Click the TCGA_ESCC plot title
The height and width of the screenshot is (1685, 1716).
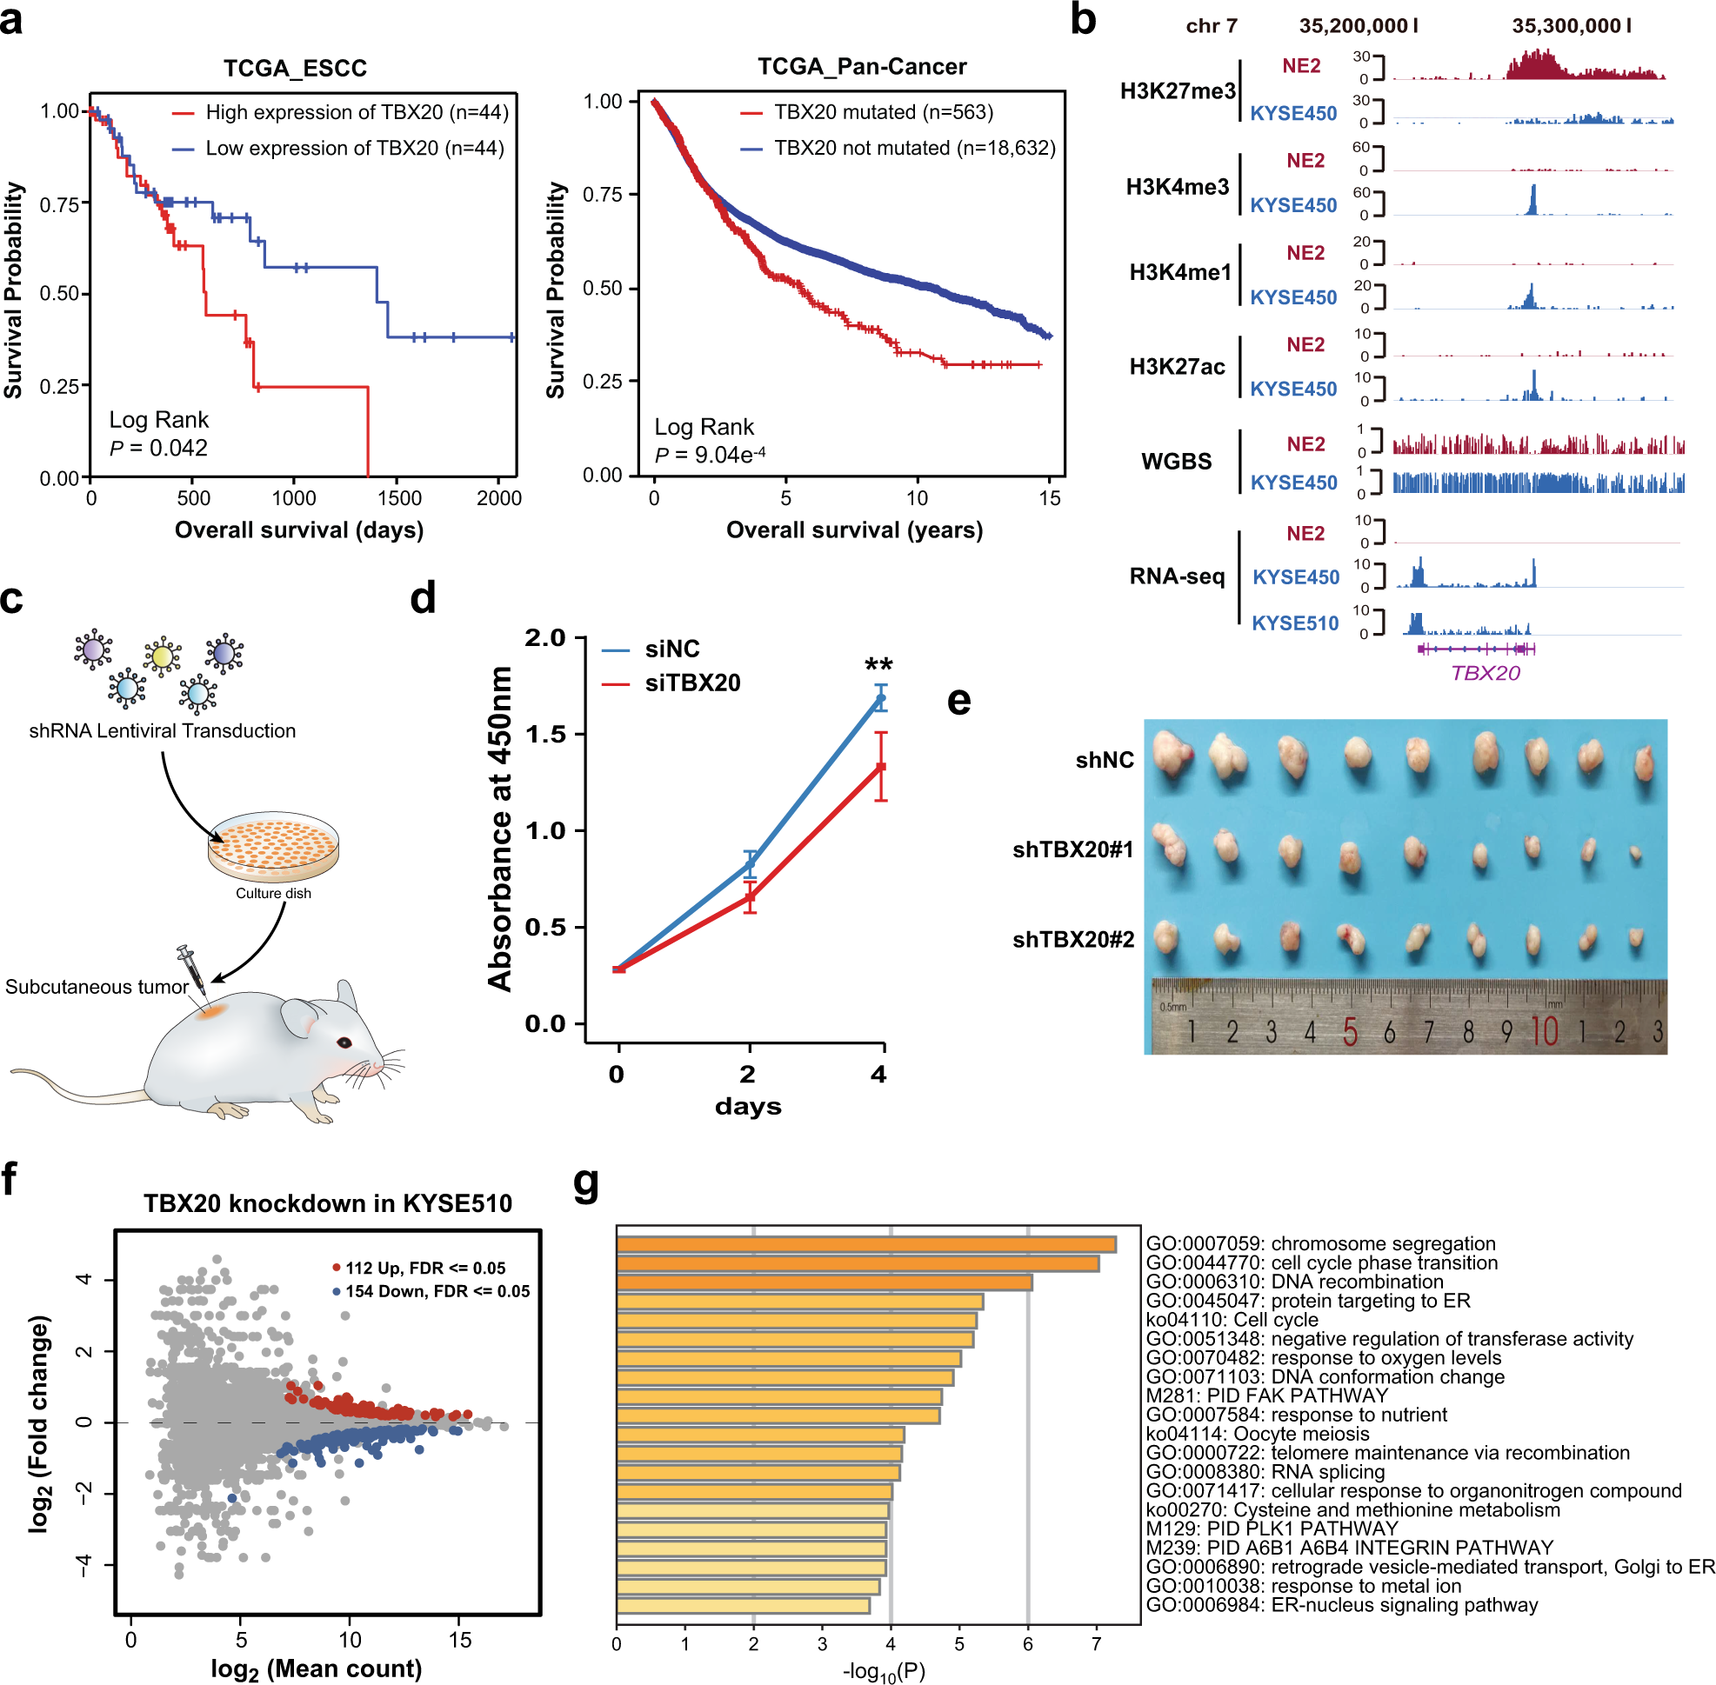(295, 68)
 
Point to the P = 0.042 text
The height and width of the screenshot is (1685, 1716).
(158, 448)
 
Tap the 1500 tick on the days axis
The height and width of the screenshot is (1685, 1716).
(398, 498)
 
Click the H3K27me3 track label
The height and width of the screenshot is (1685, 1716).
(1177, 91)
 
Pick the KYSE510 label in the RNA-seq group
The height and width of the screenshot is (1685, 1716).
(1294, 623)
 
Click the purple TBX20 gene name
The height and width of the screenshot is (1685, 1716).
(1485, 673)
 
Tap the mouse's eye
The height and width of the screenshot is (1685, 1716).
(343, 1042)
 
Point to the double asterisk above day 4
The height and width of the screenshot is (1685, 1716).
(878, 664)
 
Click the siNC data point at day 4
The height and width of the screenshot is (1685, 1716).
(881, 699)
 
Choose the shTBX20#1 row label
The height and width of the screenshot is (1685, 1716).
(1072, 849)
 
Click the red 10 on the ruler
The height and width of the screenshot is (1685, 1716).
(1543, 1031)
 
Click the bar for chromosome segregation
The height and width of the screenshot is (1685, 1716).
(865, 1244)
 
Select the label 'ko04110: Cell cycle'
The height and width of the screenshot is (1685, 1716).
(1232, 1320)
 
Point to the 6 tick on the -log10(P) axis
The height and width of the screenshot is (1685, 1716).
(1027, 1643)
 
